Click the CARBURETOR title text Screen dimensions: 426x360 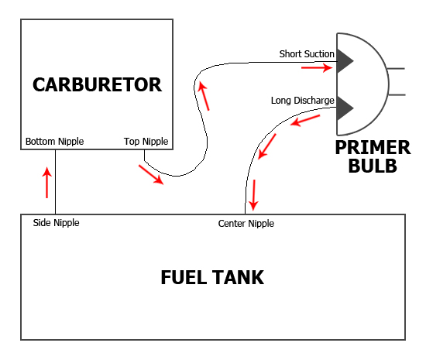click(x=98, y=84)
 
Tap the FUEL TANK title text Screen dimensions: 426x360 click(x=212, y=277)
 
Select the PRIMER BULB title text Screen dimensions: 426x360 click(x=373, y=156)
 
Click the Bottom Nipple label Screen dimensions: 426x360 click(x=55, y=142)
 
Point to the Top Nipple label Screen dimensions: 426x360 click(x=146, y=142)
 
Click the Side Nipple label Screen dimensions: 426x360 click(x=56, y=223)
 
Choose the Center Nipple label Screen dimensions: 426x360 click(x=246, y=224)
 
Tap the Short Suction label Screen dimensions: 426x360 click(x=307, y=53)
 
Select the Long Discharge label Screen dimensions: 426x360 click(x=302, y=101)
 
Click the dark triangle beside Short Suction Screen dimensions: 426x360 click(x=344, y=61)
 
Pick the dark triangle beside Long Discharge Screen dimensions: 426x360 click(x=344, y=108)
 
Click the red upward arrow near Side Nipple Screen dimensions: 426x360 click(x=47, y=183)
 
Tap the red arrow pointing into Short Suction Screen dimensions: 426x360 click(x=317, y=67)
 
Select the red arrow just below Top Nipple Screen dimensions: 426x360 click(x=151, y=175)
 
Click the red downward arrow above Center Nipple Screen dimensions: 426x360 click(x=253, y=195)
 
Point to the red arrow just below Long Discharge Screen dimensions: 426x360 click(x=305, y=121)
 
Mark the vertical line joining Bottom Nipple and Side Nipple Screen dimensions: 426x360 click(x=56, y=182)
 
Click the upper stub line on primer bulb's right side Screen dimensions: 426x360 click(x=397, y=68)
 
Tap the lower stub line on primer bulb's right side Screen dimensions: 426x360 click(x=397, y=94)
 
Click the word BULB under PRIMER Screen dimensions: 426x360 click(x=373, y=166)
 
